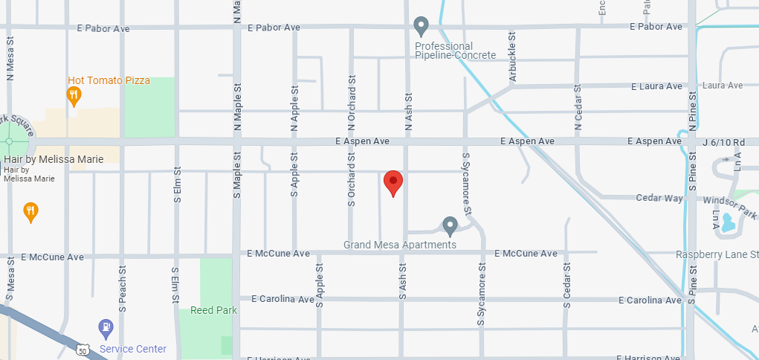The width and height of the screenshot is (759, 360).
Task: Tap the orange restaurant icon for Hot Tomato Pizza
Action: point(73,94)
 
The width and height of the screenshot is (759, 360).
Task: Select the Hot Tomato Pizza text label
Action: point(109,80)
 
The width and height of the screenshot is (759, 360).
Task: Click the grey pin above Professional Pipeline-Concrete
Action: point(421,27)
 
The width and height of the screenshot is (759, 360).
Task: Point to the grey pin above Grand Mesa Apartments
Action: point(449,225)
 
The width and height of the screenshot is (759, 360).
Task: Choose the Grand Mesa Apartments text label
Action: point(400,245)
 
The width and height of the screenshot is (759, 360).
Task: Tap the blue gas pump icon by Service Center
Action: point(106,327)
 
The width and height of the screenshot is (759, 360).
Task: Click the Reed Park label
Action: point(213,310)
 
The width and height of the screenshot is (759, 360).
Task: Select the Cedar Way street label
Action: point(659,198)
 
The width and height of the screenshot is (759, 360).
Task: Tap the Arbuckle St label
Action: point(511,57)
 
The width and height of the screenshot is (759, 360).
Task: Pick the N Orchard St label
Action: point(352,97)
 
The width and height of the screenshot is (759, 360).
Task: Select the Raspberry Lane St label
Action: point(717,254)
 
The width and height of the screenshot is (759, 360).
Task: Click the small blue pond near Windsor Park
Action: point(728,223)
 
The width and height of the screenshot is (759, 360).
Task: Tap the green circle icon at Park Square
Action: point(10,141)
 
